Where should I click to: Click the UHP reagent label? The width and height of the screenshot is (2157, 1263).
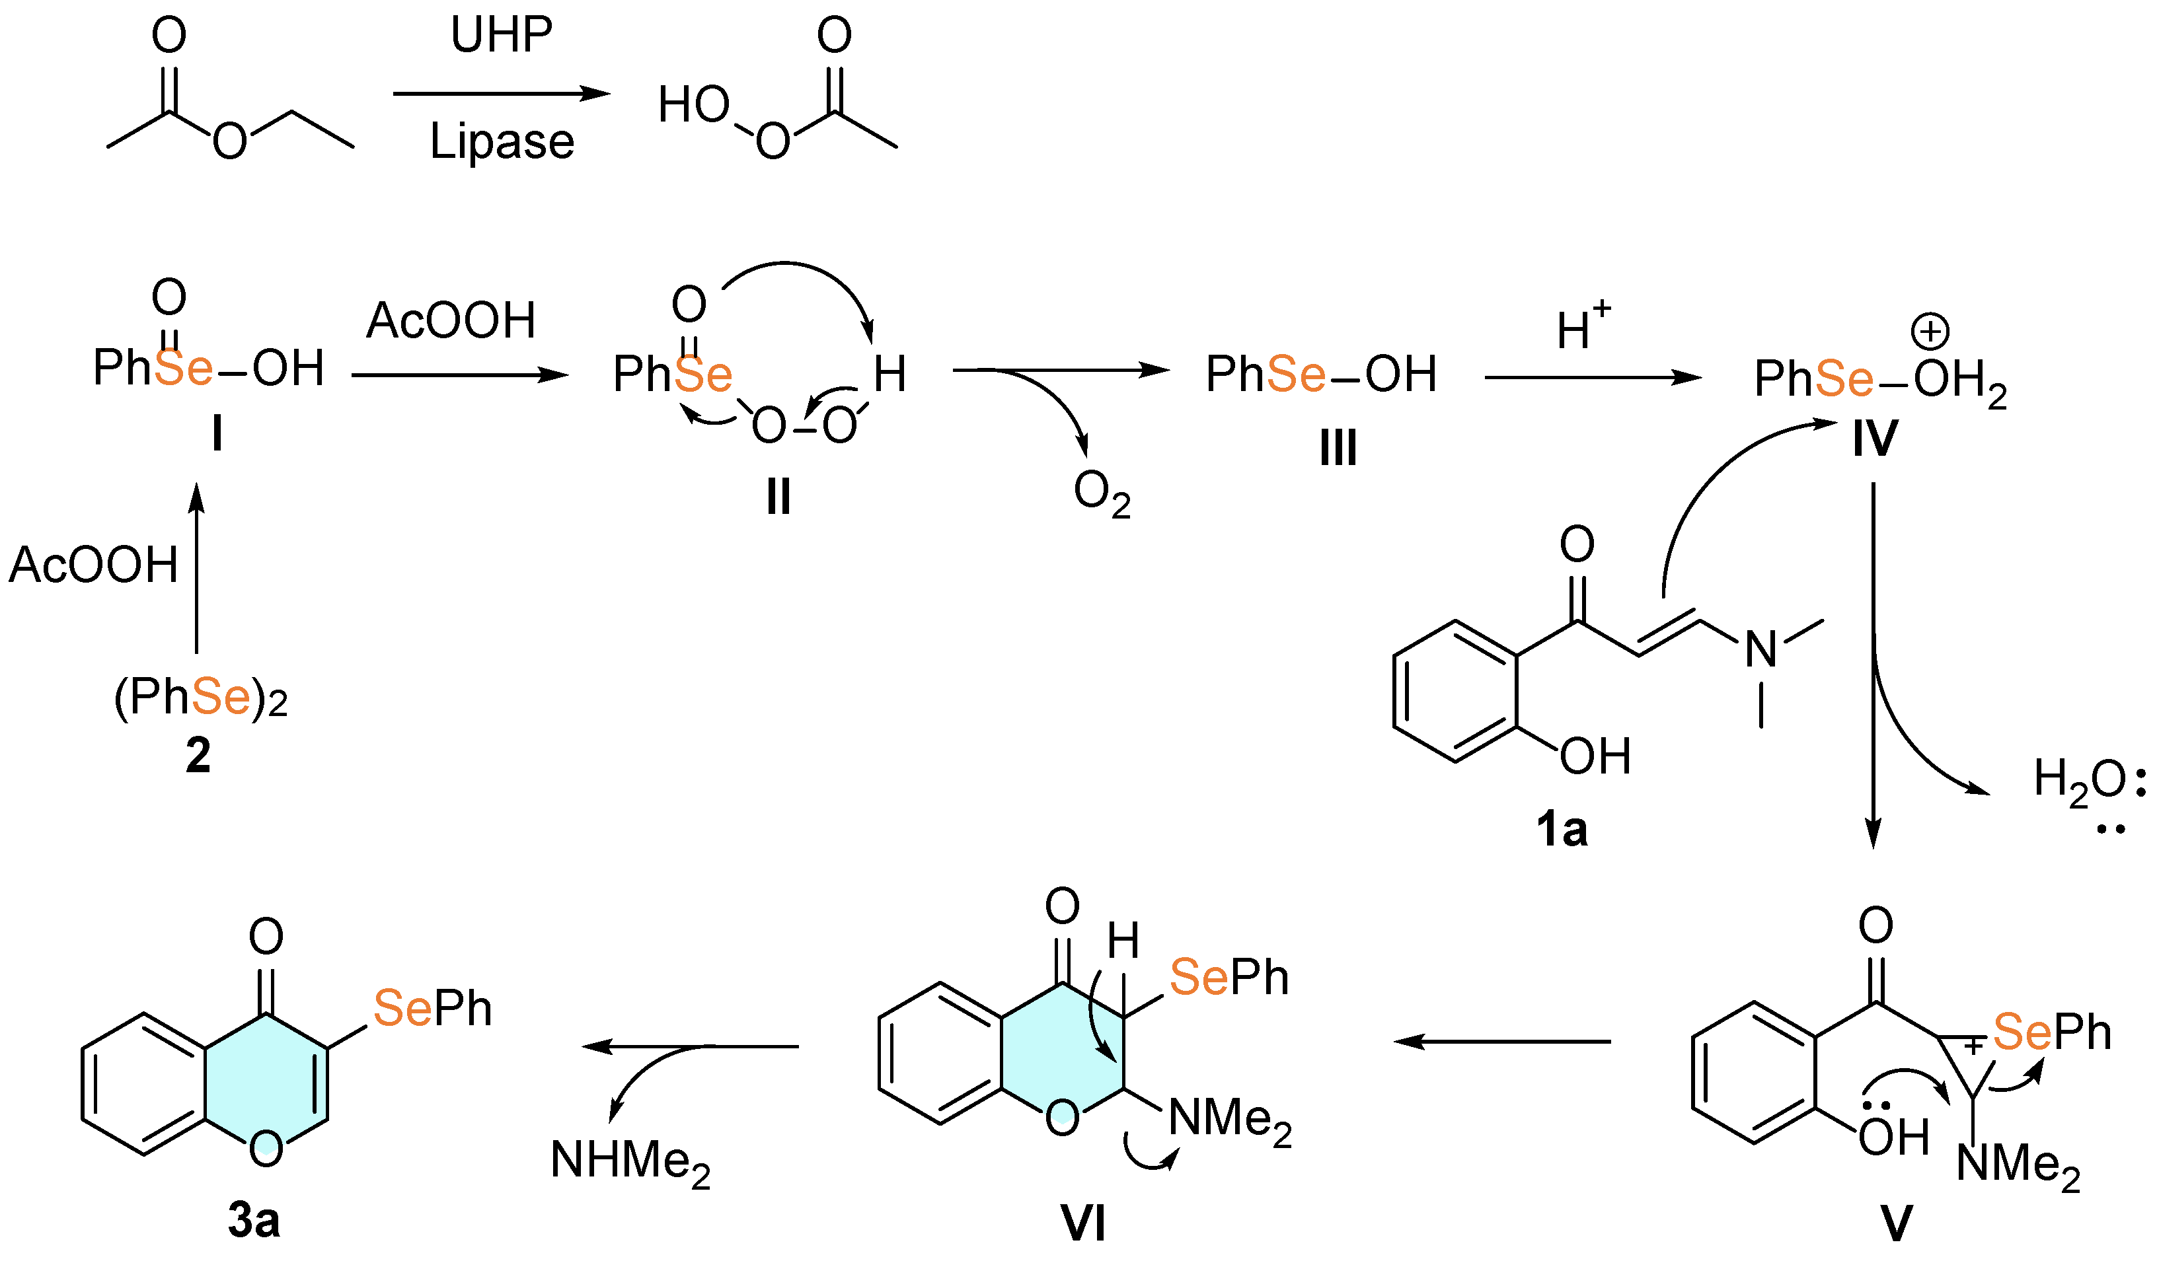[x=502, y=36]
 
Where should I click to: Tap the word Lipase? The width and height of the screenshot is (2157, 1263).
[x=502, y=142]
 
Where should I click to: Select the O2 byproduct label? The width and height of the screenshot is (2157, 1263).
[x=1102, y=495]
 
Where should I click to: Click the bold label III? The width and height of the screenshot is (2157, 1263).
[x=1338, y=447]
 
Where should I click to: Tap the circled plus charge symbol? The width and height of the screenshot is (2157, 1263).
[x=1930, y=331]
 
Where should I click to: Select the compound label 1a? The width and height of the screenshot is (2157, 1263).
[x=1562, y=829]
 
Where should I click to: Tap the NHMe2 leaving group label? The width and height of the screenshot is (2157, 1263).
[x=630, y=1162]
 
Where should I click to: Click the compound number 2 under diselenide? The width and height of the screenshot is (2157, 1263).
[x=198, y=756]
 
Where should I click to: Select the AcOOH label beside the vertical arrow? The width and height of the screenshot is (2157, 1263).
[x=93, y=565]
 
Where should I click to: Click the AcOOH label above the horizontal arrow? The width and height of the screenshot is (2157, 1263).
[x=451, y=321]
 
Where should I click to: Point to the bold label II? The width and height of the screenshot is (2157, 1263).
[x=778, y=496]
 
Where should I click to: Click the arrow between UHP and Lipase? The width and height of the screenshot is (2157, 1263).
[x=502, y=94]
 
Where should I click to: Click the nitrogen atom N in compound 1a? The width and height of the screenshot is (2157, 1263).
[x=1760, y=649]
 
